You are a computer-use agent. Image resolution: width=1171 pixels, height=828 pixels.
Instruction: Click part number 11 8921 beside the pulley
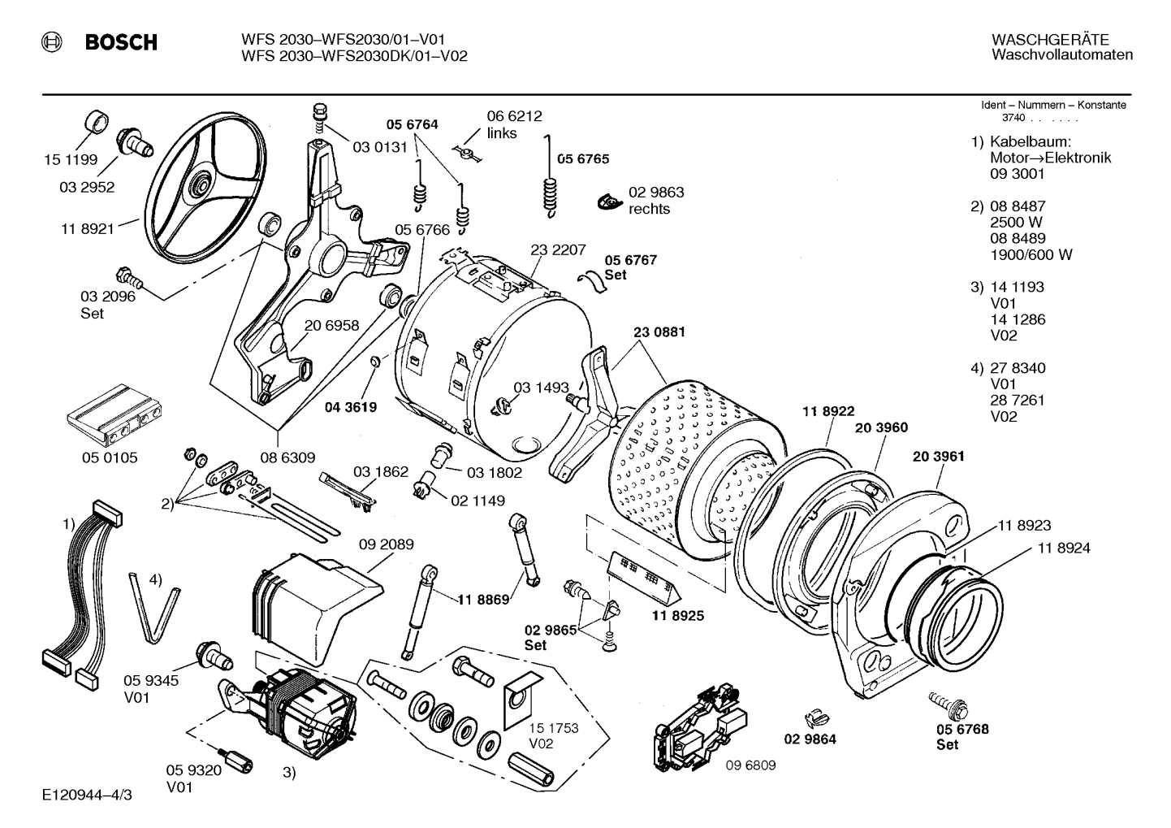tap(87, 229)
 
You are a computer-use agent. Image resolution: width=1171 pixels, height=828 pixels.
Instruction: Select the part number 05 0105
tap(110, 457)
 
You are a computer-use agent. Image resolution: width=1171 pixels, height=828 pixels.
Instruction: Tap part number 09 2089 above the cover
tap(386, 544)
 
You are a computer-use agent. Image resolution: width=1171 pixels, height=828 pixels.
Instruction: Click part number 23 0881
tap(659, 332)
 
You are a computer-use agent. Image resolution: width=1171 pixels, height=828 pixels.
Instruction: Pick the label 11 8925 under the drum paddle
tap(677, 616)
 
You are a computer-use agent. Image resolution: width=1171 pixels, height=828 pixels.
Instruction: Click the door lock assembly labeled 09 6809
tap(698, 723)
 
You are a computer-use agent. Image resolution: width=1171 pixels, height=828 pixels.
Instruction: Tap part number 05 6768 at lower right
tap(962, 730)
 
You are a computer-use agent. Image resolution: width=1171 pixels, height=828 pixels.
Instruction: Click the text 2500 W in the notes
tap(1016, 222)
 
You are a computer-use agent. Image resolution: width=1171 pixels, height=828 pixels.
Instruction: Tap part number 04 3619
tap(350, 407)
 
